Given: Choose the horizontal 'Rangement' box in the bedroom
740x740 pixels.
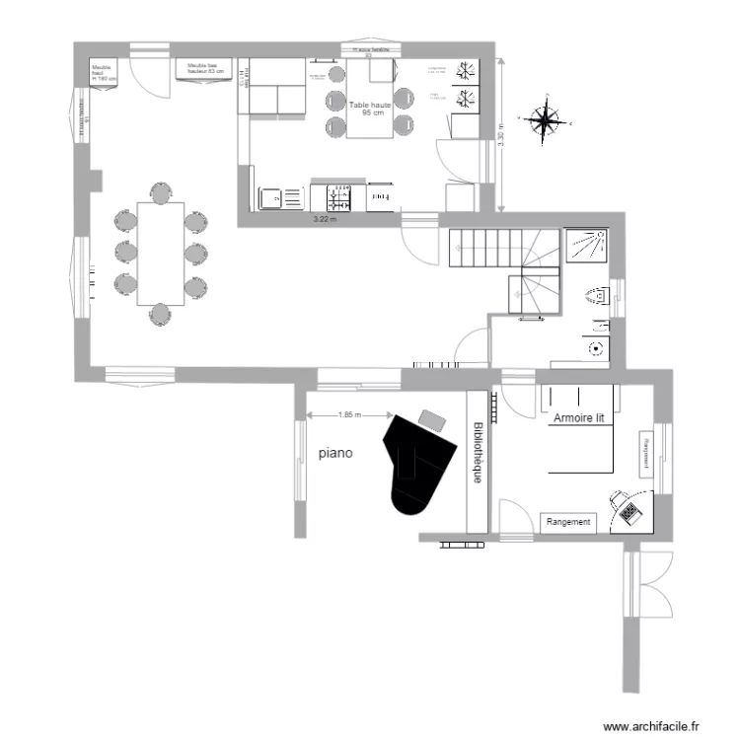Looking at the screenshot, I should click(568, 522).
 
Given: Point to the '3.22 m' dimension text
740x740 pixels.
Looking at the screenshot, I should click(325, 219).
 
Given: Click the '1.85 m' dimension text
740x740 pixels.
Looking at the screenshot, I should click(349, 415).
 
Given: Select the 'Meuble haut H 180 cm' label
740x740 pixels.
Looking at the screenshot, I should click(104, 72).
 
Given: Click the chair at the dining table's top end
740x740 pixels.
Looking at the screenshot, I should click(160, 190).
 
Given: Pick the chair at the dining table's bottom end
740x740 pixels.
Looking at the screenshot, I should click(160, 314).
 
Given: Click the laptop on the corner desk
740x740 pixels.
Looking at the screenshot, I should click(629, 511).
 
